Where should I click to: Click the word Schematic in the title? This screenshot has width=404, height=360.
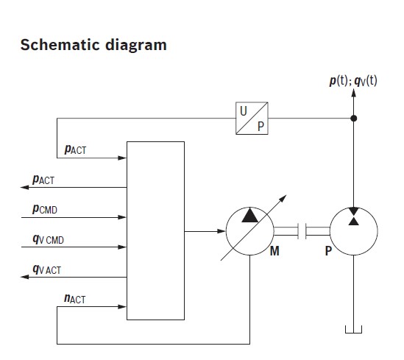60,45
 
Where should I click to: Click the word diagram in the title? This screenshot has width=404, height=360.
136,46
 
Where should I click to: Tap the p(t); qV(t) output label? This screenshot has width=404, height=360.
353,81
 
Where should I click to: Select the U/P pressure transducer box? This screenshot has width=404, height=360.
252,119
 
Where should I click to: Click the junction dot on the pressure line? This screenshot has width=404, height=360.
354,119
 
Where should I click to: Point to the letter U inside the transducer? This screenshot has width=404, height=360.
244,111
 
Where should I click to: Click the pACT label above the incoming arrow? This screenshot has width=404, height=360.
75,149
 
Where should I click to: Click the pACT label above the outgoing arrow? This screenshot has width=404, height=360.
43,180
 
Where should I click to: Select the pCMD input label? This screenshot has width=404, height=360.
45,209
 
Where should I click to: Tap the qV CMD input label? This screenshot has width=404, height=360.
48,239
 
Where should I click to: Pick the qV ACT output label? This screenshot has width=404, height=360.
46,269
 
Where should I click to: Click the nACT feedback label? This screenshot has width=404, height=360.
74,299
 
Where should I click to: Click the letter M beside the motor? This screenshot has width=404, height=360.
274,251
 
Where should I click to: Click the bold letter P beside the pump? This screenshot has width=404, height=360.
328,251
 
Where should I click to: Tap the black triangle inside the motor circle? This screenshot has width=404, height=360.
249,216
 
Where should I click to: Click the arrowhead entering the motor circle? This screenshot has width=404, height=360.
222,231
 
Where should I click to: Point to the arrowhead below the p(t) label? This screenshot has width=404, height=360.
354,93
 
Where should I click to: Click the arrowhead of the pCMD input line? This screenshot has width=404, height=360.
122,217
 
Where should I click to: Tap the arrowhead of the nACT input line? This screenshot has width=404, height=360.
122,307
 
